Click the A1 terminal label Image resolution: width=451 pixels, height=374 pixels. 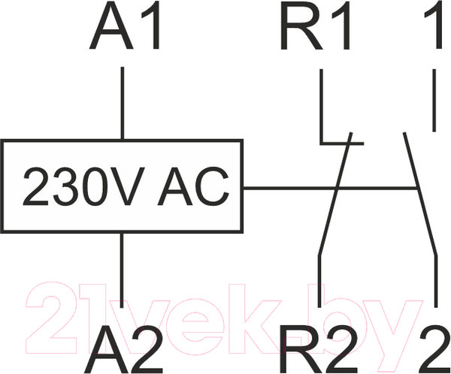(x=124, y=25)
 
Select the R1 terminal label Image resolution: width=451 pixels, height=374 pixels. (x=316, y=25)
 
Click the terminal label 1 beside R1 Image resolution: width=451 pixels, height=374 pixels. (x=434, y=25)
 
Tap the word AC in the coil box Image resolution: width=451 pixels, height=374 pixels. (x=193, y=186)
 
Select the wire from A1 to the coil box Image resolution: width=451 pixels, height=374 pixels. (x=123, y=103)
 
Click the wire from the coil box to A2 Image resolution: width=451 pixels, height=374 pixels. (x=122, y=270)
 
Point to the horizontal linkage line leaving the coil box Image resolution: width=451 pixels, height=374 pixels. (x=330, y=189)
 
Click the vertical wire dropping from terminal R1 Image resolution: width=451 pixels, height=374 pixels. (x=321, y=106)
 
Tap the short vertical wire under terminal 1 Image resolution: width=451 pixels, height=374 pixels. (x=434, y=100)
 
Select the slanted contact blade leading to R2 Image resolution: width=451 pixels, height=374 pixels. (x=334, y=194)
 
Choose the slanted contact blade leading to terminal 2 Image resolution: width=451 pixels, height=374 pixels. (x=420, y=194)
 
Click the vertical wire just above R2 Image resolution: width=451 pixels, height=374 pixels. (x=319, y=281)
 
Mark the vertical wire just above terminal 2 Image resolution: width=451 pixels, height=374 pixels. (x=436, y=281)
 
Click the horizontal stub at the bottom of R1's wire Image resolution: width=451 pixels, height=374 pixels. (x=342, y=143)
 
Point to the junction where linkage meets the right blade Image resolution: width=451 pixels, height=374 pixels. (x=416, y=189)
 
